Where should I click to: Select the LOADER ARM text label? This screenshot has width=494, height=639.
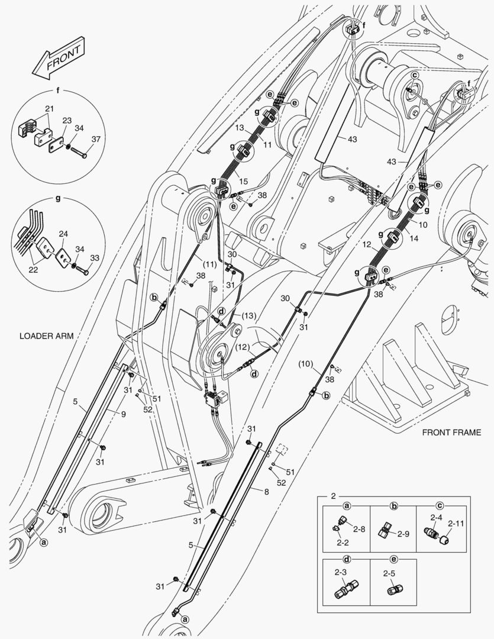(x=46, y=335)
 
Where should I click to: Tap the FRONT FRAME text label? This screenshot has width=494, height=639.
(x=451, y=433)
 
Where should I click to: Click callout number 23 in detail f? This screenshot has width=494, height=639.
(x=67, y=120)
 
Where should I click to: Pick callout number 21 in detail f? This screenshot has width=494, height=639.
(x=49, y=108)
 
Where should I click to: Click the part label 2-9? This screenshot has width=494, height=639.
(x=403, y=534)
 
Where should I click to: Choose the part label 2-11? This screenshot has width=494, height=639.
(x=456, y=523)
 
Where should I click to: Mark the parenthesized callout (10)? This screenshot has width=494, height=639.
(x=305, y=362)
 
